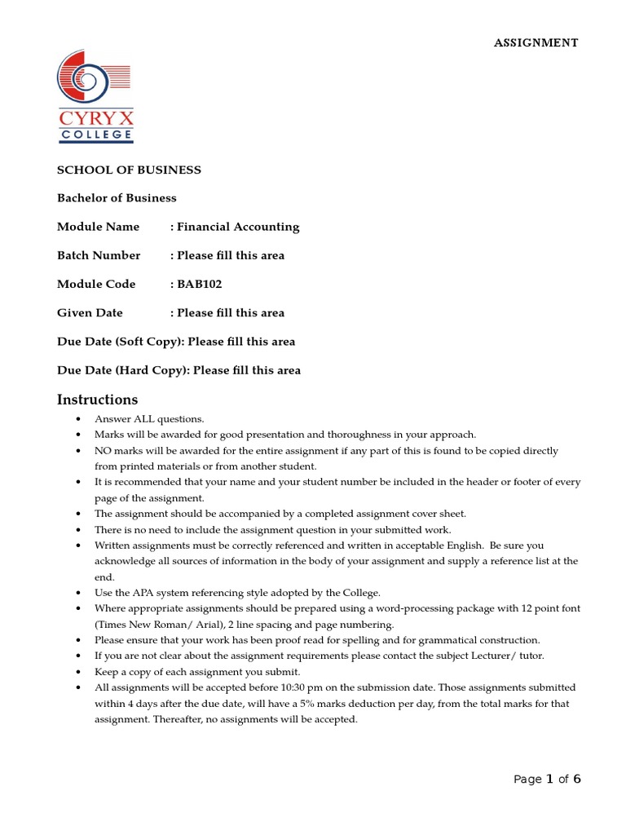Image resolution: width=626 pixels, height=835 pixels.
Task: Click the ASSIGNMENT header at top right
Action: pyautogui.click(x=536, y=43)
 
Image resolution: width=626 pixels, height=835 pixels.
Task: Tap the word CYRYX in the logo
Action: pyautogui.click(x=95, y=119)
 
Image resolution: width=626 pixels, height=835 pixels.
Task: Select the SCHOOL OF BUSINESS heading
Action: pyautogui.click(x=129, y=170)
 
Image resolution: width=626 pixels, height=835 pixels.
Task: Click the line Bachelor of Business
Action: pyautogui.click(x=117, y=198)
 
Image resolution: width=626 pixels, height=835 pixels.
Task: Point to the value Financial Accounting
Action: pyautogui.click(x=238, y=227)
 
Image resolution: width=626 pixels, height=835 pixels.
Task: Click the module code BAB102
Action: pyautogui.click(x=200, y=285)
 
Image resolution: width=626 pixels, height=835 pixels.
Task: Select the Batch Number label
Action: pyautogui.click(x=99, y=255)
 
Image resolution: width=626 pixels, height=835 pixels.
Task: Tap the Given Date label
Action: pyautogui.click(x=90, y=313)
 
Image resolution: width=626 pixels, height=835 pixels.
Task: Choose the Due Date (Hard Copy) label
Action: pyautogui.click(x=122, y=370)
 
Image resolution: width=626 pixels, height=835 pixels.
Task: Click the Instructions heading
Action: pyautogui.click(x=97, y=400)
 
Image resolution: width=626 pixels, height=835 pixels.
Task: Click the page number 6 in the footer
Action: pyautogui.click(x=577, y=779)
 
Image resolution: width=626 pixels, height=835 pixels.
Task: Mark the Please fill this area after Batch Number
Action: pyautogui.click(x=231, y=255)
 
